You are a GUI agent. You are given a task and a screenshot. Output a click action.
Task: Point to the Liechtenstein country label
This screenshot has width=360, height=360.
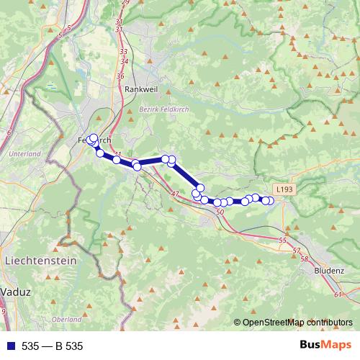click(x=40, y=261)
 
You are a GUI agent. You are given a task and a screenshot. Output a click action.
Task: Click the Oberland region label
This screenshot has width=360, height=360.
click(x=66, y=319)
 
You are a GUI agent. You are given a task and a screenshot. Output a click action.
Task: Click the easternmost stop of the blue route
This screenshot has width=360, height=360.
click(x=270, y=201)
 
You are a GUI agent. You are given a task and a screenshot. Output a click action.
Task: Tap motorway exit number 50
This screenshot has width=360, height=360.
click(x=220, y=212)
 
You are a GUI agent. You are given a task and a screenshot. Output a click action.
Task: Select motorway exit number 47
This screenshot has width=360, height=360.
click(x=175, y=194)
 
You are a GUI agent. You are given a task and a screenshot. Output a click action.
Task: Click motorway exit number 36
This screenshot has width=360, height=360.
click(x=120, y=76)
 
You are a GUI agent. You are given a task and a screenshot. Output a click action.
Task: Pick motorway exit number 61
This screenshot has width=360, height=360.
click(x=338, y=294)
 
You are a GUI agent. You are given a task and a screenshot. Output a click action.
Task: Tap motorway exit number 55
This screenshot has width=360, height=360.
click(x=282, y=240)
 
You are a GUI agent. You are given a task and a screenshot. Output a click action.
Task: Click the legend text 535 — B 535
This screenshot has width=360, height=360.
click(x=53, y=346)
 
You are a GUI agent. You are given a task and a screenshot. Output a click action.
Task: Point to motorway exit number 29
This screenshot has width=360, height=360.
click(x=126, y=3)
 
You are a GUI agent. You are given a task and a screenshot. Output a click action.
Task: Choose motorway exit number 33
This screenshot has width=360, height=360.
click(x=124, y=52)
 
